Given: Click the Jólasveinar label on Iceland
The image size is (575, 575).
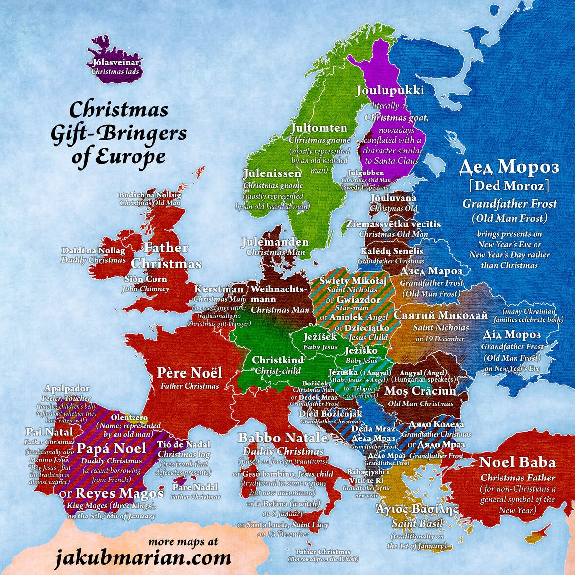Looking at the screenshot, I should coord(116,63).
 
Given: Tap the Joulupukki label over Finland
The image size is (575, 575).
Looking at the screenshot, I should coord(389,90).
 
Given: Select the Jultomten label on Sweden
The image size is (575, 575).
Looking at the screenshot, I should coord(319,128).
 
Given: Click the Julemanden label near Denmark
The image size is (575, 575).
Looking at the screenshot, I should coord(275,242).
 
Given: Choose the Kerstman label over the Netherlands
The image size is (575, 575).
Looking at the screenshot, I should coord(219,289).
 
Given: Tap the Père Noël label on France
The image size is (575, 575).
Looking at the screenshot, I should coord(190,373).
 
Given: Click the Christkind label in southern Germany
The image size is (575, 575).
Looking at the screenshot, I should coord(277,360).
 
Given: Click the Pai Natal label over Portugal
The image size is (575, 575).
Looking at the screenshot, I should coord(49,432).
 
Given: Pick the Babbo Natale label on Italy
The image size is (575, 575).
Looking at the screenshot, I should coord(283,438).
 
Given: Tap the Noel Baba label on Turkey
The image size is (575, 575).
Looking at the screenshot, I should coord(517,462).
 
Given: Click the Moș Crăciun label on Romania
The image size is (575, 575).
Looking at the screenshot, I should coord(421,391).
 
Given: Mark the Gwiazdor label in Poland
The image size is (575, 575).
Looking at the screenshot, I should coord(358,300).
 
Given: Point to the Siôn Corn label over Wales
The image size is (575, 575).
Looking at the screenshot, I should coord(146,279).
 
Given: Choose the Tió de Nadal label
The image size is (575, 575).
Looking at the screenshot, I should coord(184,444).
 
